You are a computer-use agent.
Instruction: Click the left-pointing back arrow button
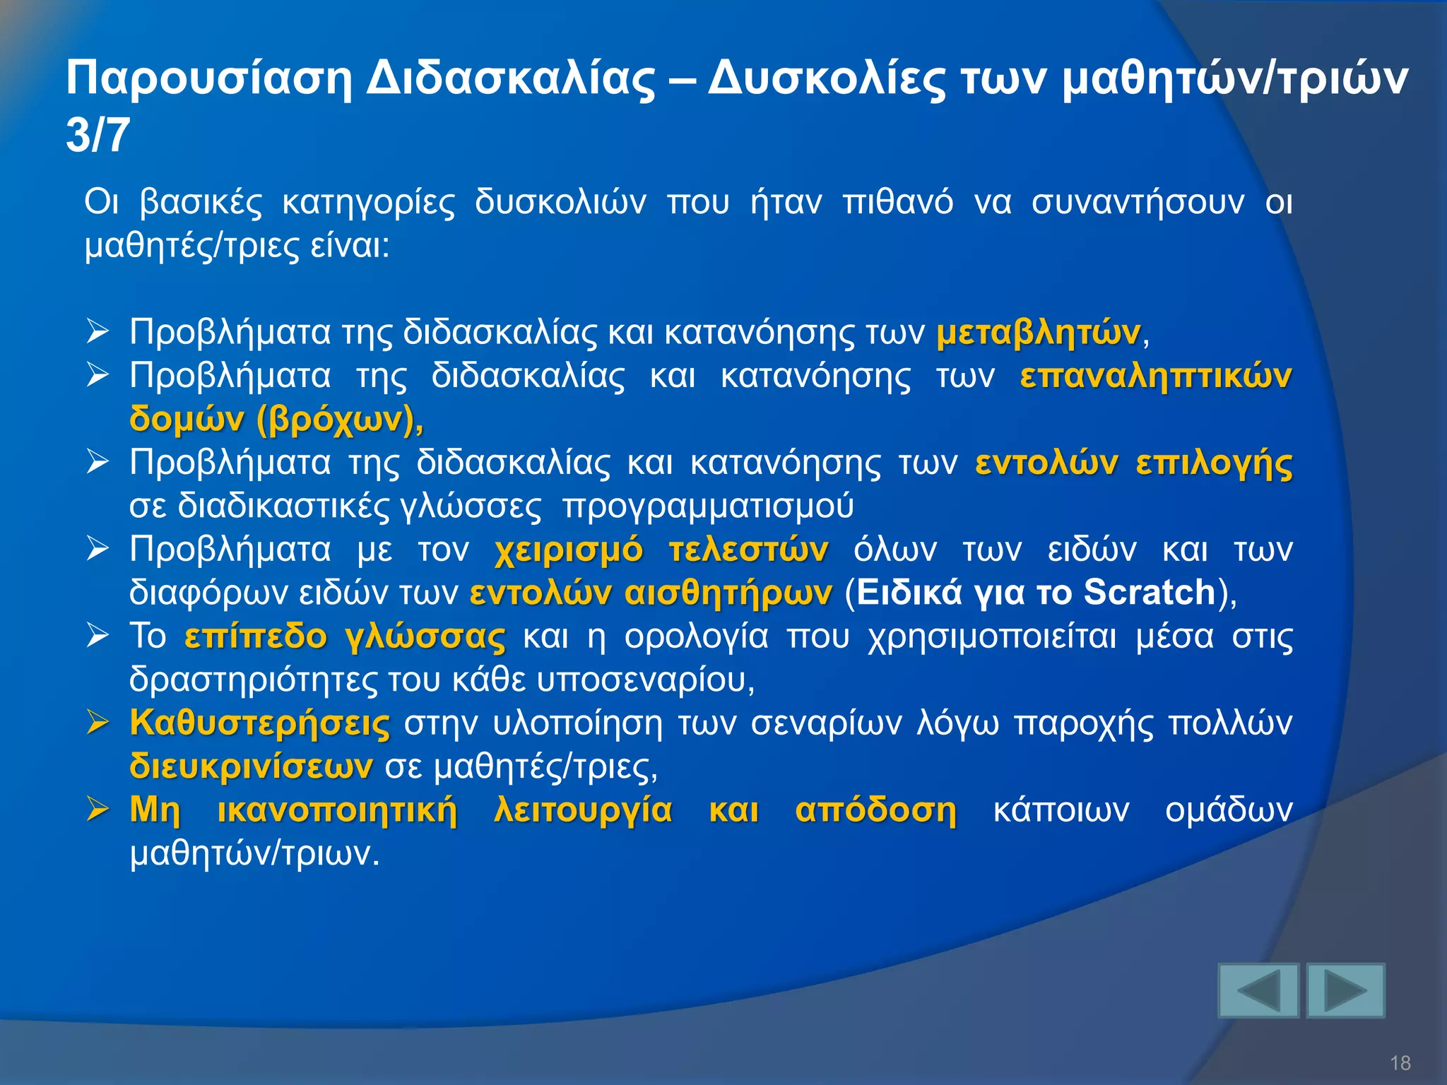click(1258, 990)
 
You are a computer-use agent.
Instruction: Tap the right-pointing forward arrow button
click(1345, 990)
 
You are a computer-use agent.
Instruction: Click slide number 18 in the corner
click(1400, 1062)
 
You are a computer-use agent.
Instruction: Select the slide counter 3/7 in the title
click(98, 135)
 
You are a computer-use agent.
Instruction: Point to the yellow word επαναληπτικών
click(1156, 376)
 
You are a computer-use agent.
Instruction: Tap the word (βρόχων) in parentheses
click(338, 419)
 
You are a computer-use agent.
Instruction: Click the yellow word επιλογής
click(1214, 463)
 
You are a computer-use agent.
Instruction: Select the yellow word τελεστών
click(748, 550)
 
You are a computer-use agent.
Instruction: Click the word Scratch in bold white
click(1149, 592)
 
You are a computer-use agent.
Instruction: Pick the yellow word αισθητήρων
click(728, 592)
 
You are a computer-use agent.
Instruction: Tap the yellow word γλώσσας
click(425, 636)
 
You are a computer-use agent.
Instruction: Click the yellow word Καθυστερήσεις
click(259, 723)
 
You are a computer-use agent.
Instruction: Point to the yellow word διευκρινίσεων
click(251, 766)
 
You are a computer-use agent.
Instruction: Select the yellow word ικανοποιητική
click(337, 810)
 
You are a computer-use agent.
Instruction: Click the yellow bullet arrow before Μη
click(98, 809)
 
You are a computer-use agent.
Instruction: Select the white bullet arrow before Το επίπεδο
click(98, 635)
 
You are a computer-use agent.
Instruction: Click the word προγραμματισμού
click(708, 506)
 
